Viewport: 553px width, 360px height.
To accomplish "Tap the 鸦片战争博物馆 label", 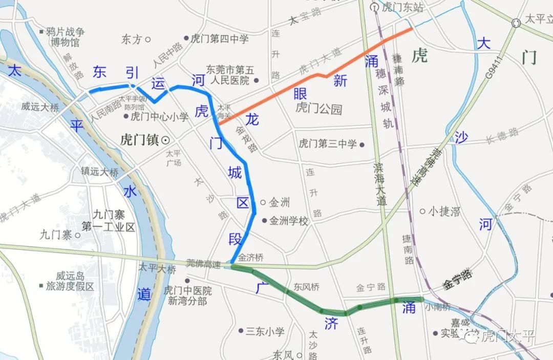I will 65,37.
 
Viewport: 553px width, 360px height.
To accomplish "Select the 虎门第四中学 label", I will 219,38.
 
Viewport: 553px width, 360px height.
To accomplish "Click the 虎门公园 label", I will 318,109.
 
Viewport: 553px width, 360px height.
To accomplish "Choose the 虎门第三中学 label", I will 328,144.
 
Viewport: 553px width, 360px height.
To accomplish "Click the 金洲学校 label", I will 289,221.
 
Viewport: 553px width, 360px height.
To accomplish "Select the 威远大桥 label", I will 40,108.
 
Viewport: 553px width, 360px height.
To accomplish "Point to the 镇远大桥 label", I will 99,173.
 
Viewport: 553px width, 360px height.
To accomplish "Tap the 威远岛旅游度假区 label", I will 70,281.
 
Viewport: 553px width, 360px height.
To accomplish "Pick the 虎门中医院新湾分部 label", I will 187,295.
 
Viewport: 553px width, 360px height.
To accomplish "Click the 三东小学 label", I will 265,331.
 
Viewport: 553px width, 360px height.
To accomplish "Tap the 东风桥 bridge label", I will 307,287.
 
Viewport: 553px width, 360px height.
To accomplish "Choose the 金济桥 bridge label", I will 250,258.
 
